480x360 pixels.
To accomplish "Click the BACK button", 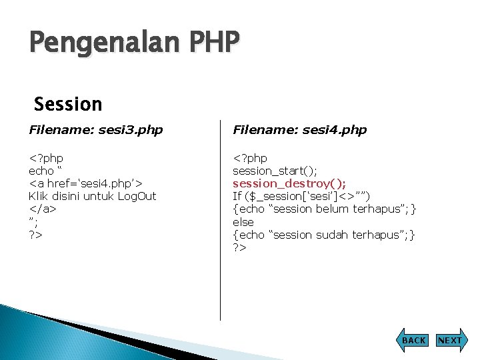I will (413, 340).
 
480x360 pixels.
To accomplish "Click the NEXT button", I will (449, 340).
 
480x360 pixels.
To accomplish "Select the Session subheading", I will (68, 104).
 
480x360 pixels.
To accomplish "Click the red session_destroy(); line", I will (289, 183).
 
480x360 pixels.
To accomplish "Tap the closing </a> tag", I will (42, 209).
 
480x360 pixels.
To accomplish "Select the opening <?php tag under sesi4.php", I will (250, 158).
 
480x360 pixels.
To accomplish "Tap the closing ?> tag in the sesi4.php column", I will (239, 247).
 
